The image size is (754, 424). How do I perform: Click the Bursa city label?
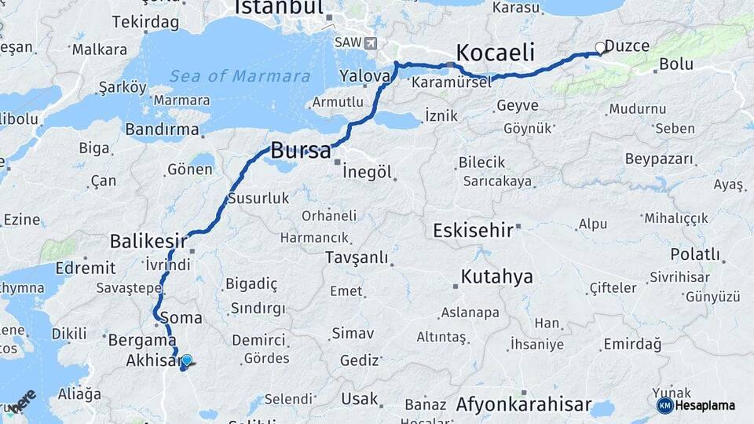click(301, 151)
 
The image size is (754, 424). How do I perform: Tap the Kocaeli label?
click(495, 53)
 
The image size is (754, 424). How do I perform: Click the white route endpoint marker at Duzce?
click(601, 48)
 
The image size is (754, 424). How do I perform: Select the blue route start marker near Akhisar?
click(186, 360)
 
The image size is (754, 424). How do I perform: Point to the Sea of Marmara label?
click(240, 76)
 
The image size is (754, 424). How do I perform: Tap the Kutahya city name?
click(497, 276)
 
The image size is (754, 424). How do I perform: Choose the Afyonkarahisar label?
click(523, 405)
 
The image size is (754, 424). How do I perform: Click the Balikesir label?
click(149, 239)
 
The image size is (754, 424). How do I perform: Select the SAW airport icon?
click(371, 42)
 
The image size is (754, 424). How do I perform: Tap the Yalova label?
click(365, 76)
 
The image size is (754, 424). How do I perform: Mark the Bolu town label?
click(676, 64)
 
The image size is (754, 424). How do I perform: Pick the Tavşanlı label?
click(357, 258)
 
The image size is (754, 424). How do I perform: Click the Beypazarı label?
click(660, 159)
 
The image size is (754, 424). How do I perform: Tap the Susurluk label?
click(258, 199)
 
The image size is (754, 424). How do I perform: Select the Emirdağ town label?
click(632, 344)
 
